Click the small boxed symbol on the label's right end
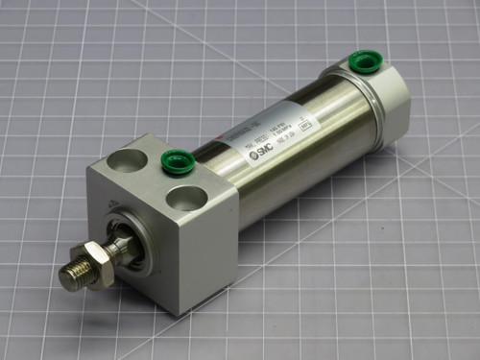pos(331,124)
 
